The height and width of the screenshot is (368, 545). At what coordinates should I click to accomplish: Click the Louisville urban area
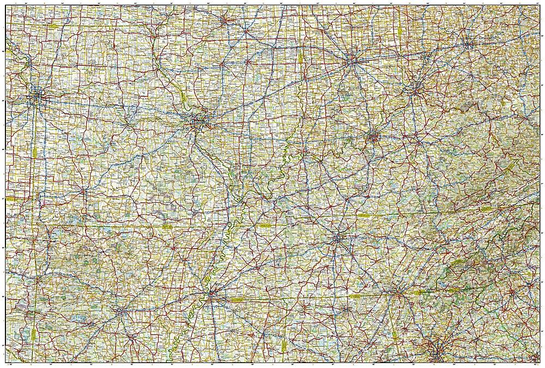pyautogui.click(x=373, y=136)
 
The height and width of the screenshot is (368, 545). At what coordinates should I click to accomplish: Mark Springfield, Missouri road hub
pyautogui.click(x=82, y=191)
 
